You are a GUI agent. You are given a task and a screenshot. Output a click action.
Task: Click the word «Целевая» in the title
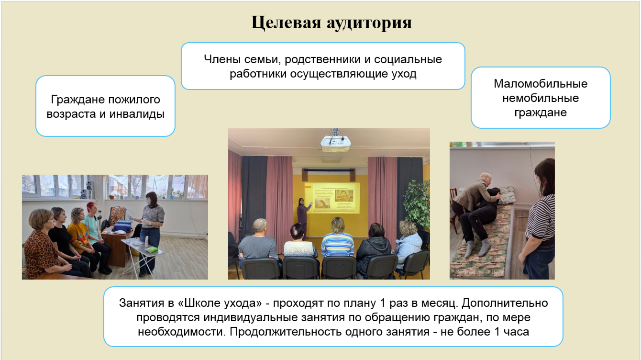click(x=286, y=22)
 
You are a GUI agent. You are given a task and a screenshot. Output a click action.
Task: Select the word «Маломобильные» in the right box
click(x=541, y=84)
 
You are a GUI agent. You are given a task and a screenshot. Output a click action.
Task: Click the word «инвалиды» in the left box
click(x=137, y=114)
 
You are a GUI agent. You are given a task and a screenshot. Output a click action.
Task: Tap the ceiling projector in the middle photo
click(x=336, y=142)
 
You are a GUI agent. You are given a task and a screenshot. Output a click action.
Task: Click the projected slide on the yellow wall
click(x=332, y=198)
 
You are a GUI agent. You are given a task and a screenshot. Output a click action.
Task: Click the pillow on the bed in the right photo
click(x=507, y=195)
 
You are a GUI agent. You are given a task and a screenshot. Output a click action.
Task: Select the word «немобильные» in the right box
click(x=541, y=98)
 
